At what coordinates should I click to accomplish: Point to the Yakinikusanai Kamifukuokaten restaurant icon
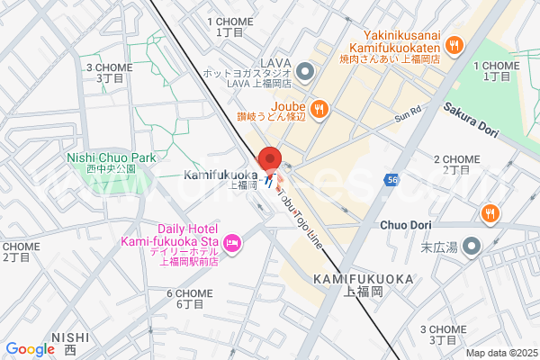coord(454,43)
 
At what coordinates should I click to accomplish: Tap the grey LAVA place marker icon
coord(304,70)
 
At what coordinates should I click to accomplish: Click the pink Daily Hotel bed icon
coord(232,241)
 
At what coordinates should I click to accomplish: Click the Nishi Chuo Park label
coord(112,158)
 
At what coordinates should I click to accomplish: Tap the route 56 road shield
coord(392,180)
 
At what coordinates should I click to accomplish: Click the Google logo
coord(30,349)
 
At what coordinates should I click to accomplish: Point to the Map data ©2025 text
coord(500,353)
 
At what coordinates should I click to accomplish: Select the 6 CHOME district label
coord(189,293)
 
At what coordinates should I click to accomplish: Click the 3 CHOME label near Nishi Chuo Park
coord(109,67)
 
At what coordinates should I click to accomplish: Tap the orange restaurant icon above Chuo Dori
coord(490,214)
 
